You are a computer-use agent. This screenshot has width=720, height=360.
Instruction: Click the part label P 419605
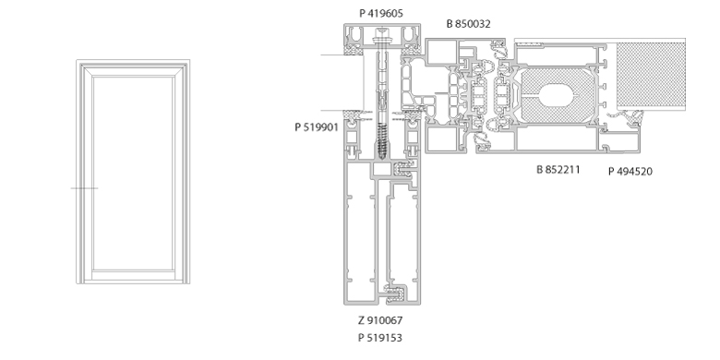(x=381, y=13)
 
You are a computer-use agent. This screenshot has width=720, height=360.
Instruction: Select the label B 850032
(x=468, y=24)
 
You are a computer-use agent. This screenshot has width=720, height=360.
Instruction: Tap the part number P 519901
(x=317, y=127)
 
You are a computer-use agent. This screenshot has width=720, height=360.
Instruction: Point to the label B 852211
(x=558, y=170)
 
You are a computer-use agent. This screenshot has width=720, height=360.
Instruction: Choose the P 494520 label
(x=630, y=172)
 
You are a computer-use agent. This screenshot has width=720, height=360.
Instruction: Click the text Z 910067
(x=380, y=320)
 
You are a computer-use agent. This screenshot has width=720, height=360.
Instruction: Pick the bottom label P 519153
(x=380, y=338)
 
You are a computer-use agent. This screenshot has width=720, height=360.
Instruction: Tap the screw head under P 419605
(x=382, y=32)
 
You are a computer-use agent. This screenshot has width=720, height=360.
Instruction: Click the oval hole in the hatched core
(x=556, y=96)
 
